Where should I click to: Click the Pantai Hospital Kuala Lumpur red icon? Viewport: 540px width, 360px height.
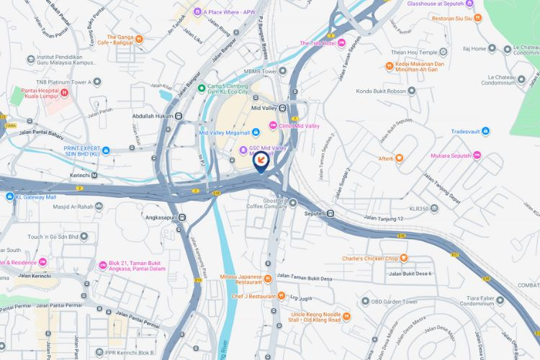pos(65,92)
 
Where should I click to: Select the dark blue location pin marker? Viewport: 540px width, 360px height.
pos(261,163)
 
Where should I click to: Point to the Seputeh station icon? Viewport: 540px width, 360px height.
pos(330,213)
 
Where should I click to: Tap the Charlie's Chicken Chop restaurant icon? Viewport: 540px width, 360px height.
pos(404,258)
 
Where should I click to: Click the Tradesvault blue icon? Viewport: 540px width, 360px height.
pos(486,131)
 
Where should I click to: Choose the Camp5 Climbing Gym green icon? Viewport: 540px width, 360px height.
pos(202,88)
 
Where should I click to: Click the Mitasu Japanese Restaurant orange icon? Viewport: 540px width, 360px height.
pos(266,278)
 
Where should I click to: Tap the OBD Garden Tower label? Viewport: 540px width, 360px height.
pos(395,301)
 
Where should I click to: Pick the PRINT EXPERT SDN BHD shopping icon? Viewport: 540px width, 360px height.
pos(106,150)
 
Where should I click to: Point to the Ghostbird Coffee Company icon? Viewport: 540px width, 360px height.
pos(293,202)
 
